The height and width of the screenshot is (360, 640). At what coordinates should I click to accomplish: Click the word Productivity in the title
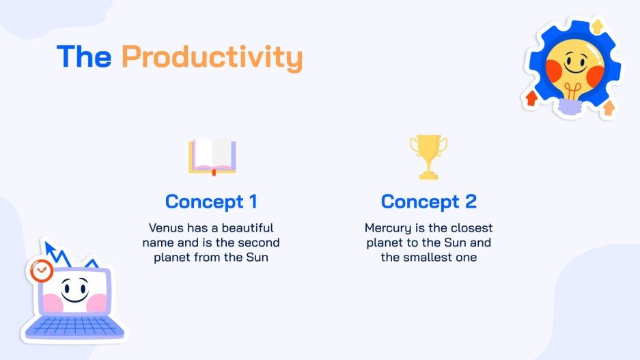(x=212, y=57)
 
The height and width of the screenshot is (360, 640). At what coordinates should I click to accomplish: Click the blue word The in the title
(x=84, y=57)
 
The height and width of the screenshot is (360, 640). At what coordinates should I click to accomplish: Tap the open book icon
(x=212, y=156)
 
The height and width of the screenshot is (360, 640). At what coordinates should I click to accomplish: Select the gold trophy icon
(x=428, y=156)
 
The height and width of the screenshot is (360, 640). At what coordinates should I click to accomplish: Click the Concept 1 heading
(x=212, y=202)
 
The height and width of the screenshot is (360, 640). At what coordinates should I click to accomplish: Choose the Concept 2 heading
(x=428, y=202)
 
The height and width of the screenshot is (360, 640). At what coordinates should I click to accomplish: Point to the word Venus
(x=166, y=227)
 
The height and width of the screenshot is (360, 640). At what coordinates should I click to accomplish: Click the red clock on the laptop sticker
(x=41, y=271)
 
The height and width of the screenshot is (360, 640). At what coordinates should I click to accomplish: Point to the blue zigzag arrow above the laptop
(x=61, y=254)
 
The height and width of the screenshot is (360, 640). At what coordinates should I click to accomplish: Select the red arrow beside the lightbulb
(x=531, y=98)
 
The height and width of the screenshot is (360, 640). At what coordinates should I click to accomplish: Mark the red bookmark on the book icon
(x=212, y=171)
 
